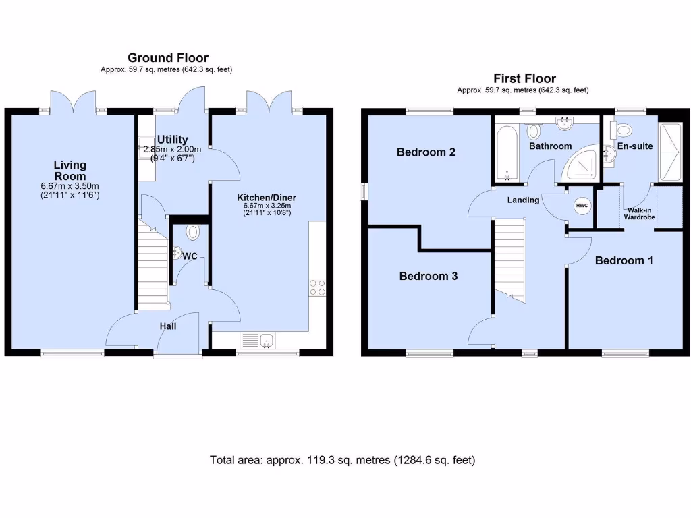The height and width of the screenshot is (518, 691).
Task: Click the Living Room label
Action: pyautogui.click(x=70, y=171)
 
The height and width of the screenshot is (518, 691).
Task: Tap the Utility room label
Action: pyautogui.click(x=173, y=139)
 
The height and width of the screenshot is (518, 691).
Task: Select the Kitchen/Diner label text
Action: pyautogui.click(x=266, y=198)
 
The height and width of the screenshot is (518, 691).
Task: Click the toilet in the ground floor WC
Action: pyautogui.click(x=193, y=233)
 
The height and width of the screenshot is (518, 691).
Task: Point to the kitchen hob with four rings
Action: pyautogui.click(x=317, y=287)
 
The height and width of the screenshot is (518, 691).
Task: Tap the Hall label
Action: pyautogui.click(x=168, y=326)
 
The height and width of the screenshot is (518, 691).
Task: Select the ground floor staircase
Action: pyautogui.click(x=153, y=264)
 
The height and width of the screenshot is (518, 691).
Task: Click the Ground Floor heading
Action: pyautogui.click(x=168, y=58)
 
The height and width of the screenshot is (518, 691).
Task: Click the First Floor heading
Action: pyautogui.click(x=524, y=78)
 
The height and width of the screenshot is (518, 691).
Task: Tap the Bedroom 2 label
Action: pyautogui.click(x=426, y=152)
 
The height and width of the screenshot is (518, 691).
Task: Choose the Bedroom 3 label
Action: pyautogui.click(x=429, y=276)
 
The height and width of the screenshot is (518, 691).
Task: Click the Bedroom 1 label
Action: pyautogui.click(x=624, y=260)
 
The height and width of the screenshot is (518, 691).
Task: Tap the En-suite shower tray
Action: pyautogui.click(x=669, y=152)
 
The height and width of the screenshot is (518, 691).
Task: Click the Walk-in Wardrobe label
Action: pyautogui.click(x=639, y=213)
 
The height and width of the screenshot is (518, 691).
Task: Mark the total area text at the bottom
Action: pyautogui.click(x=343, y=460)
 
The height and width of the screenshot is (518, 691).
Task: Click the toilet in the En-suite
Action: pyautogui.click(x=623, y=129)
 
